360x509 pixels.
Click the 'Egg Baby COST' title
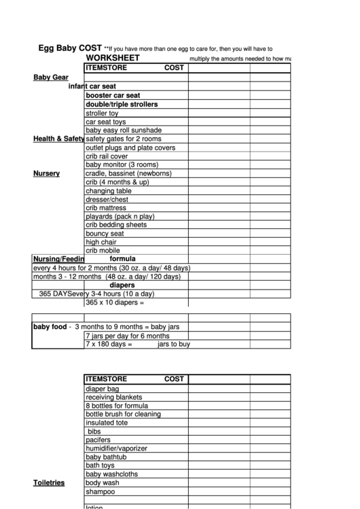pos(70,49)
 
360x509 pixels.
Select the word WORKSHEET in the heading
pos(113,58)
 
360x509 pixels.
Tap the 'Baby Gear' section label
pos(51,77)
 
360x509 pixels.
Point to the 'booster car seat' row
pos(113,96)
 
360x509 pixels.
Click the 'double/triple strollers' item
pos(122,105)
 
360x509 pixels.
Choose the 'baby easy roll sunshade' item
pos(124,130)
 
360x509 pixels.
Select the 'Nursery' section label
pos(46,173)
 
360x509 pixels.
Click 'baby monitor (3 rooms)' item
pos(122,164)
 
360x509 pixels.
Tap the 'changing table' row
pos(109,191)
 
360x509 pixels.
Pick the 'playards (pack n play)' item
pos(120,216)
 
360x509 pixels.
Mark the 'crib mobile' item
pos(103,250)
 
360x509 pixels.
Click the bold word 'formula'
pos(123,259)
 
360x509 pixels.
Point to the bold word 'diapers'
pos(122,285)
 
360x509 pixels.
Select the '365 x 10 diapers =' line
pos(115,302)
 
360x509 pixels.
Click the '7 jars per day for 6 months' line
pos(127,336)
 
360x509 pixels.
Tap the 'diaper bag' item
pos(103,389)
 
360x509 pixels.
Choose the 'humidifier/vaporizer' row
pos(117,449)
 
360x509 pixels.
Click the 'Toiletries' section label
pos(49,482)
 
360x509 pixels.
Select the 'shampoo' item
pos(101,491)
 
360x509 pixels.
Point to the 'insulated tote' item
pos(107,423)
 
